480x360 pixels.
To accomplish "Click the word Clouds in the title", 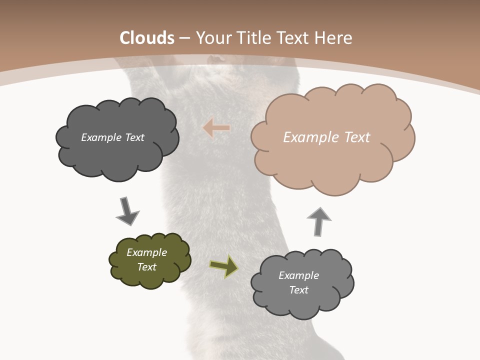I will pos(147,38).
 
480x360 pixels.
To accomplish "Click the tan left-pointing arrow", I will pos(216,128).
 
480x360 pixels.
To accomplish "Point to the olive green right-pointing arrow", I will pos(224,266).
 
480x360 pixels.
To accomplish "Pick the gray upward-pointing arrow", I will pos(318,220).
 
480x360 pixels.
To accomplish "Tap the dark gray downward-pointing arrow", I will pos(127,211).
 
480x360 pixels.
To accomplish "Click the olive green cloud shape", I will pos(150,260).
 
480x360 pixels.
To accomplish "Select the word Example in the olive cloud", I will pos(146,252).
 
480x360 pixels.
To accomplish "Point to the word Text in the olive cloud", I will pos(147,267).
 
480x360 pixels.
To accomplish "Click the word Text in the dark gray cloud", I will pos(134,137).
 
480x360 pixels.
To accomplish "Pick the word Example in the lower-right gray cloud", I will pos(298,275).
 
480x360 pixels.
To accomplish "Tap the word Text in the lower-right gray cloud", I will pos(299,290).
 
